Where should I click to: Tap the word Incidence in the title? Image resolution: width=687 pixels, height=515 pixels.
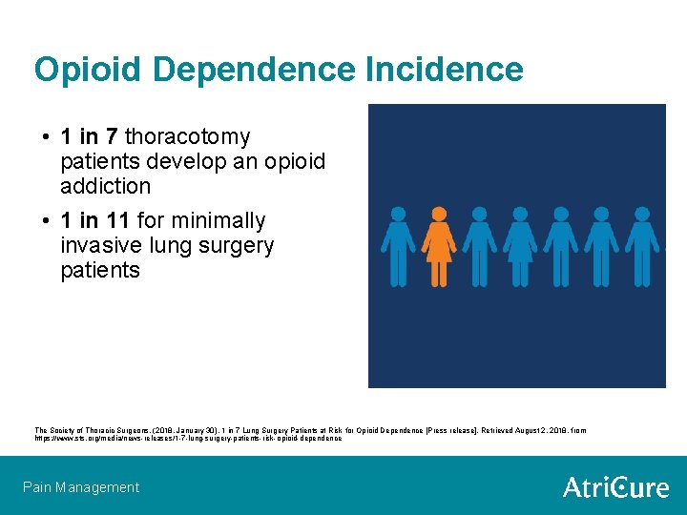click(443, 70)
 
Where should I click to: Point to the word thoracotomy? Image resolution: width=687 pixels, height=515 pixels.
click(188, 137)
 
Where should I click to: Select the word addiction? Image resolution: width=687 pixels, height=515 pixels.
click(105, 186)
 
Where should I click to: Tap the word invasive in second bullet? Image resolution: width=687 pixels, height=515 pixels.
click(98, 246)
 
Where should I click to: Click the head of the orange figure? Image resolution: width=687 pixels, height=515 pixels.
click(438, 215)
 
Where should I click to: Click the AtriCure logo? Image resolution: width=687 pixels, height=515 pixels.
click(615, 487)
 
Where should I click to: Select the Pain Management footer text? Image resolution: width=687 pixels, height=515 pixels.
click(81, 487)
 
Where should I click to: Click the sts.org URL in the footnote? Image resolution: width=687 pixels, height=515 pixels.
click(188, 439)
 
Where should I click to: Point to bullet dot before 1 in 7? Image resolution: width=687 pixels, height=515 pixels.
click(47, 138)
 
